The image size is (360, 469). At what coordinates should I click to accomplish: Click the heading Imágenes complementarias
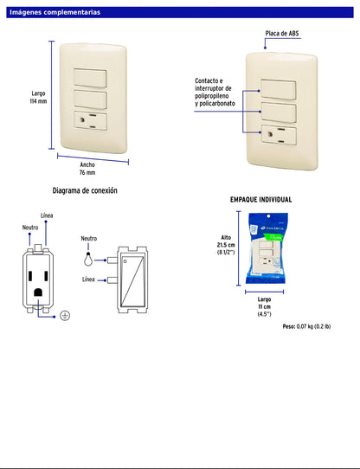point(55,13)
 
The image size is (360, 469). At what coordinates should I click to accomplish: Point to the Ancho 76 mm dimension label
point(87,168)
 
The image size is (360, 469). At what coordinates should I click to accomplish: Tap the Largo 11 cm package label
point(263,307)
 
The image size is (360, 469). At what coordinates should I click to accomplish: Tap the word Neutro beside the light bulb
point(88,238)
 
